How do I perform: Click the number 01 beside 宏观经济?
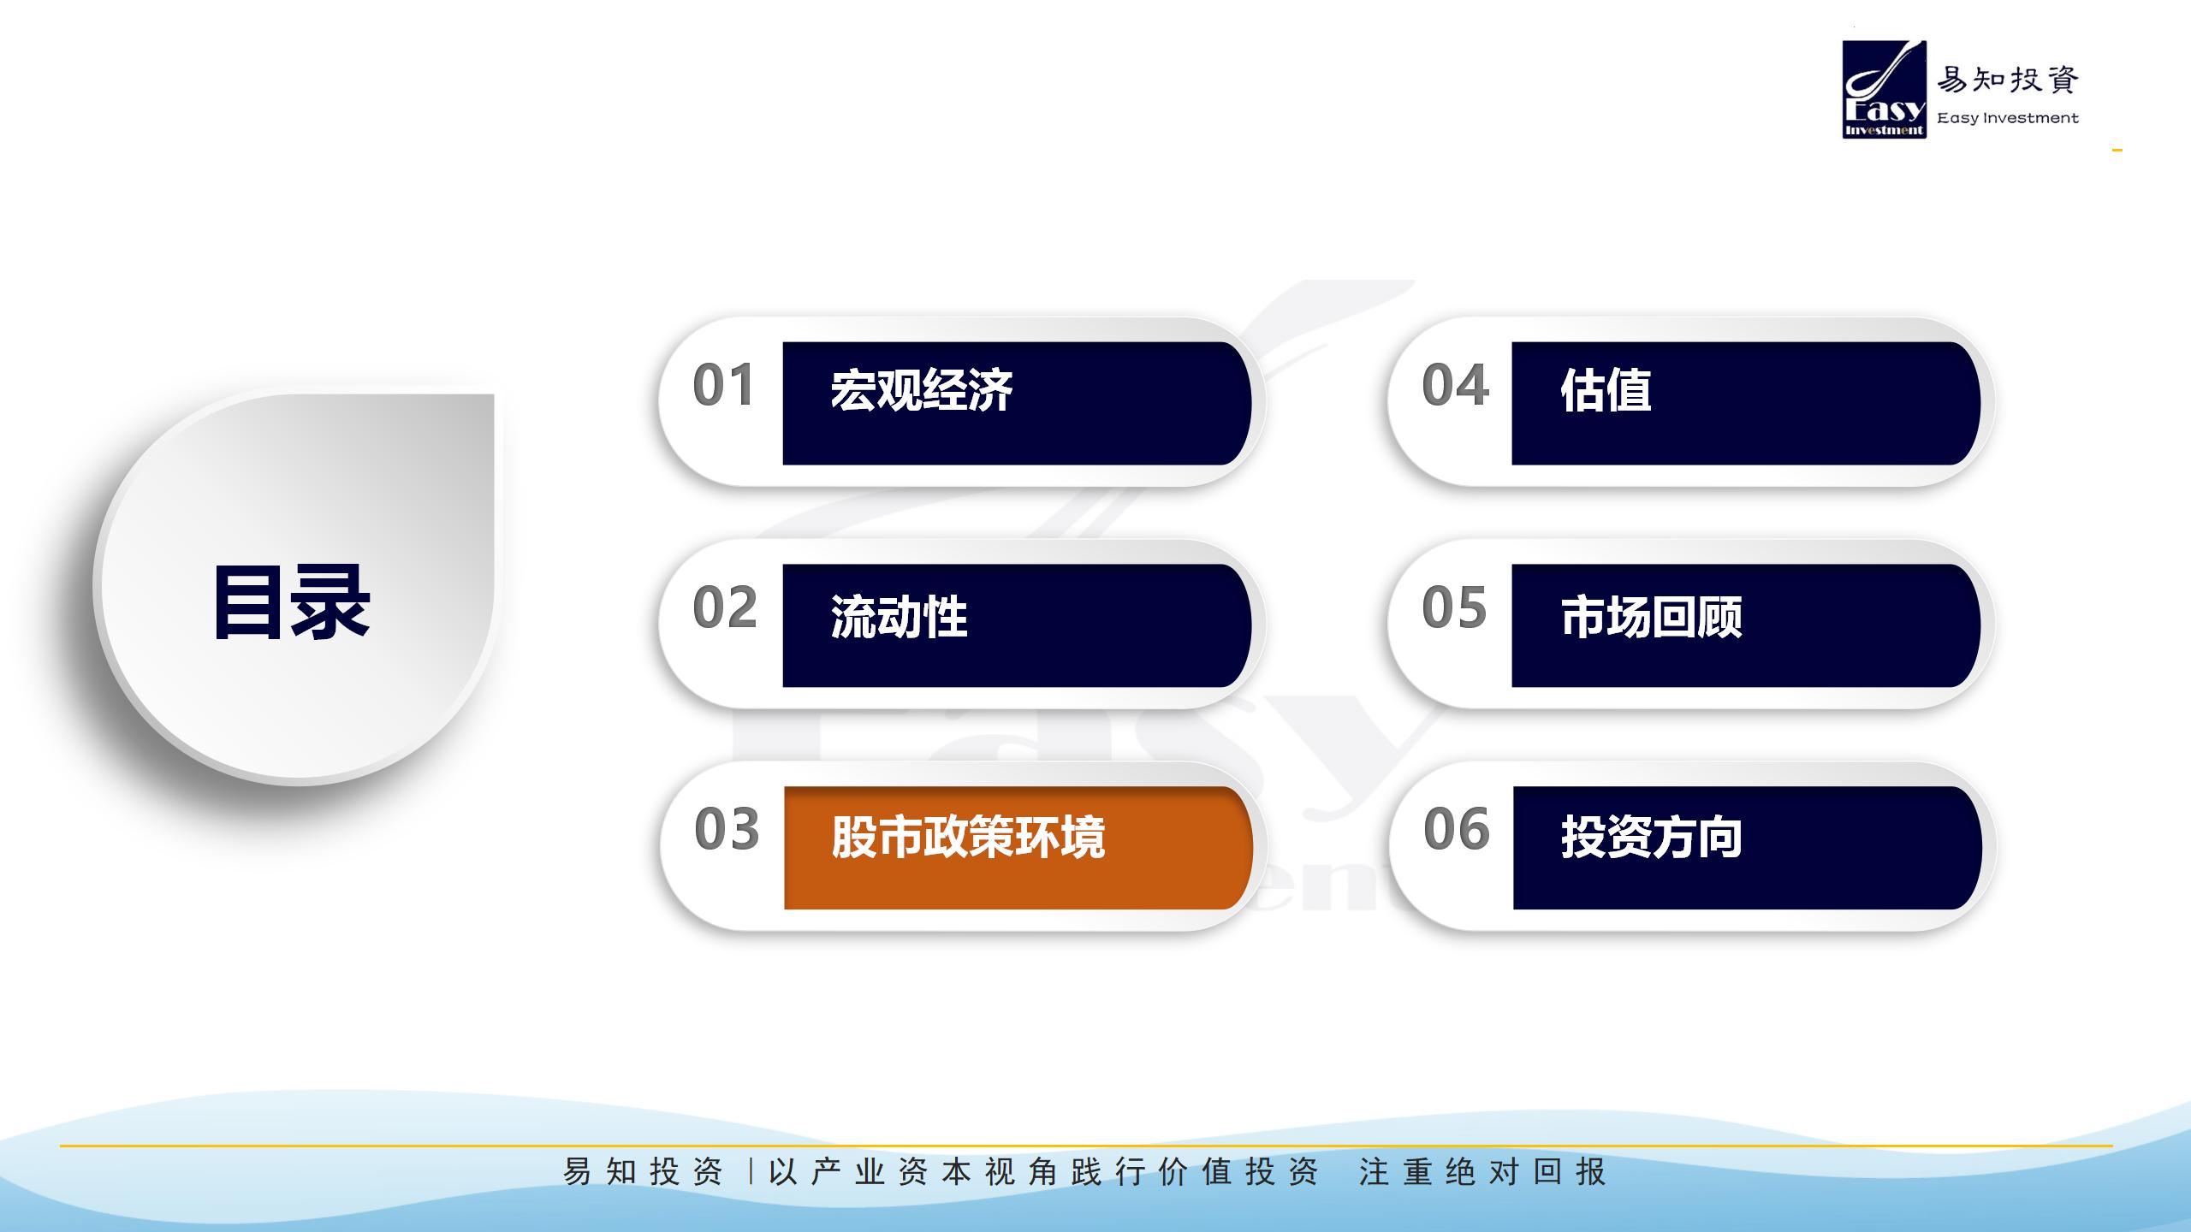723,385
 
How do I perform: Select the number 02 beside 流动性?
725,607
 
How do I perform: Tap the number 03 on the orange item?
727,829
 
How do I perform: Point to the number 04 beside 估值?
1455,385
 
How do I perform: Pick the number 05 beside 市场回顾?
1454,607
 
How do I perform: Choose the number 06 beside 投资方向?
1457,829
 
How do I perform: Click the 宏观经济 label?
922,390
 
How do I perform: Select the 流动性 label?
899,617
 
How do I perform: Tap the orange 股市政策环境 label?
968,837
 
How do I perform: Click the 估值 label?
1606,390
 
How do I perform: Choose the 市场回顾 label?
1651,617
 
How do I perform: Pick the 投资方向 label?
1651,837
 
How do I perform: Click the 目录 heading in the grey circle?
292,602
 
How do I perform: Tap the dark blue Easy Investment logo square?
1885,89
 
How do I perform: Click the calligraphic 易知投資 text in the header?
2008,80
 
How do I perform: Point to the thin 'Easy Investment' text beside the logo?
2008,118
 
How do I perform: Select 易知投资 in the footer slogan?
643,1171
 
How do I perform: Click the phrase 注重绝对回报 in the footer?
1482,1171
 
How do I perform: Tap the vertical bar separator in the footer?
751,1171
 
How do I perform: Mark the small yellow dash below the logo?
2117,151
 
